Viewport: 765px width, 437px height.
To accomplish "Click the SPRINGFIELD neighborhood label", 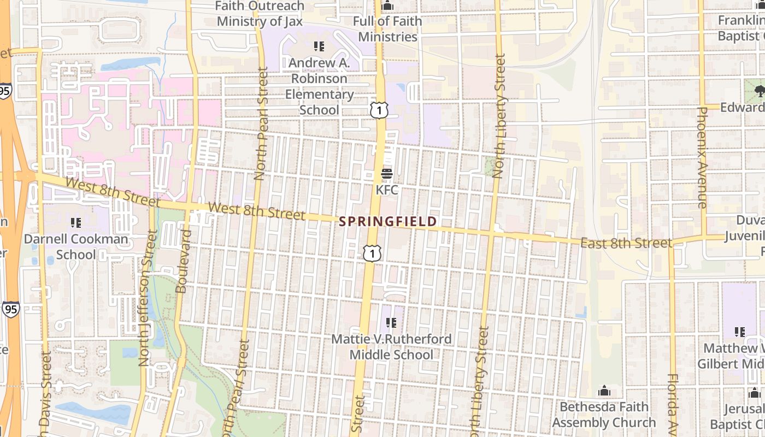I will pos(388,221).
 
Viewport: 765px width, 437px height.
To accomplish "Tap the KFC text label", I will pos(387,190).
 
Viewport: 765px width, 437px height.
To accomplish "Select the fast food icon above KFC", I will pos(387,174).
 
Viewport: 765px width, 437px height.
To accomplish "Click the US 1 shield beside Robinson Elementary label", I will pos(379,110).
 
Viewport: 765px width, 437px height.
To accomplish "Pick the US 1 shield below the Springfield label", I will pos(372,253).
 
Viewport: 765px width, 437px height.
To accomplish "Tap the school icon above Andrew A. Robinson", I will pos(319,46).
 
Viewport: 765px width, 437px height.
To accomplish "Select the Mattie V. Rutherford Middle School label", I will pos(391,347).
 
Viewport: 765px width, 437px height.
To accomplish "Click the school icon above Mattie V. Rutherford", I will pos(391,323).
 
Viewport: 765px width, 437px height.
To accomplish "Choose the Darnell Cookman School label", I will pos(75,247).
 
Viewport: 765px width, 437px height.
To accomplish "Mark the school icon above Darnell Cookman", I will pos(75,222).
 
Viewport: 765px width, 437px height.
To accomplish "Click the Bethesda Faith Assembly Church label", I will pos(604,415).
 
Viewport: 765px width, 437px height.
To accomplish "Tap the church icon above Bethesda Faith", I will pos(604,391).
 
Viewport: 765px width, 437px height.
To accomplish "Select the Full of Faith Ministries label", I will pos(387,29).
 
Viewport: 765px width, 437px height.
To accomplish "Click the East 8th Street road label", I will pos(626,243).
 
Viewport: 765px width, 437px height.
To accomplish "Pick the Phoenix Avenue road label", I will pos(702,157).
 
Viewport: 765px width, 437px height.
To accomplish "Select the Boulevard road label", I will pos(184,261).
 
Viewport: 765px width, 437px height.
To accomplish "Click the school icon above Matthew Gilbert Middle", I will pos(740,332).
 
